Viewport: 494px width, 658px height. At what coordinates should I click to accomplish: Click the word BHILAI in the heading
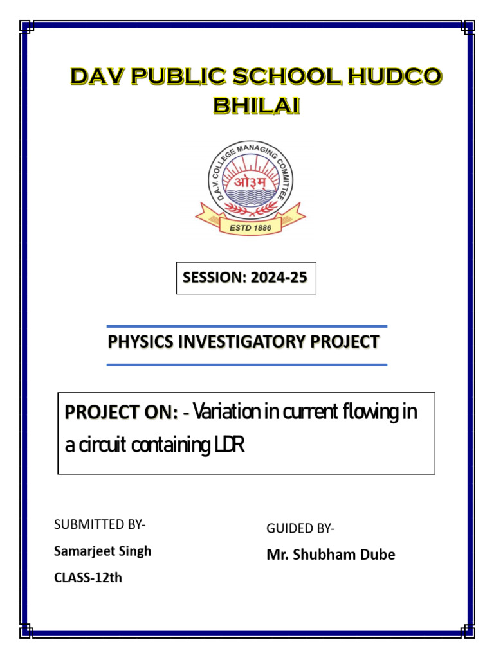click(256, 105)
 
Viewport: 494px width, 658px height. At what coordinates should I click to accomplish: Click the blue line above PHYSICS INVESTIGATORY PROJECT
click(246, 326)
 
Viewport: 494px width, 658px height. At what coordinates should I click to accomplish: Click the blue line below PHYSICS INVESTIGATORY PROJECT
click(246, 364)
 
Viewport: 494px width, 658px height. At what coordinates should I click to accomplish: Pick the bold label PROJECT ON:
click(122, 413)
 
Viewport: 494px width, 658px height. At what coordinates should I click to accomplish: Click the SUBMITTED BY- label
click(100, 524)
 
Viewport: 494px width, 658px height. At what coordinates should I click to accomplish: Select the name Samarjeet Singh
click(103, 551)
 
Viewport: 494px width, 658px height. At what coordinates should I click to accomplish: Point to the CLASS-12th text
click(87, 578)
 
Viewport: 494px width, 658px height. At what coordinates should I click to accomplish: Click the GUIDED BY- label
click(300, 528)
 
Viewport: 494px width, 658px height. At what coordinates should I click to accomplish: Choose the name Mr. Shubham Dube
click(331, 555)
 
